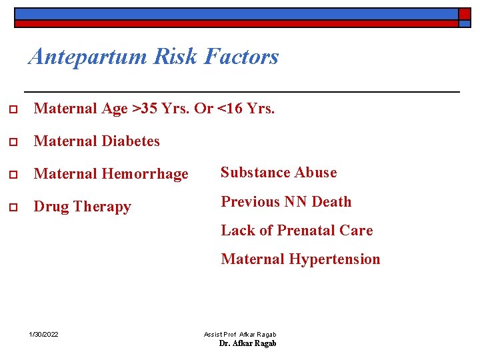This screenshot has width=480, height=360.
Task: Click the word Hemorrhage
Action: point(145,174)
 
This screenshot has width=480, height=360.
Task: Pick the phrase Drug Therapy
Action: point(82,207)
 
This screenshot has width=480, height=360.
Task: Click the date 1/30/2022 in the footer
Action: point(44,334)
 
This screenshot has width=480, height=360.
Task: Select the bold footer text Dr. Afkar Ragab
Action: point(247,343)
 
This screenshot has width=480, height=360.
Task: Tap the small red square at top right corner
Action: point(464,13)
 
